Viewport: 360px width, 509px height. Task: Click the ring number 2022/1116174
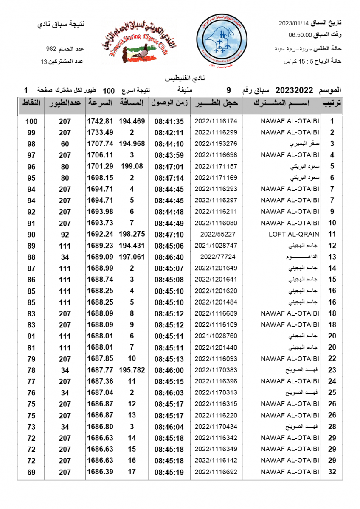point(216,121)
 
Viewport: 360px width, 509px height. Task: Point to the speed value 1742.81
point(100,121)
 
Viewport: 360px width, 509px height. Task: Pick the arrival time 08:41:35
point(169,121)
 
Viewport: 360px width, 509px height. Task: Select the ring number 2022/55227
point(216,234)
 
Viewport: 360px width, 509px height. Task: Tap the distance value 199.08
point(132,166)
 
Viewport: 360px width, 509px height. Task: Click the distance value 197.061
point(132,257)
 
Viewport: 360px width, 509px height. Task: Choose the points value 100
point(31,121)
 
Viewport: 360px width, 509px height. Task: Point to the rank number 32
point(332,471)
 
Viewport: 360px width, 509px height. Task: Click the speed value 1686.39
point(100,471)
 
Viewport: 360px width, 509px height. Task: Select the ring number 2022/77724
point(216,257)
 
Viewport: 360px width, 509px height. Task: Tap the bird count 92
point(65,234)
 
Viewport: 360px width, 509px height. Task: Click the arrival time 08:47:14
point(169,178)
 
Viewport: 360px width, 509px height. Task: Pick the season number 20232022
point(294,90)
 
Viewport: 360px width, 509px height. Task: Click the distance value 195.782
point(132,370)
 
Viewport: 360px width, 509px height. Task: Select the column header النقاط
point(31,103)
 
